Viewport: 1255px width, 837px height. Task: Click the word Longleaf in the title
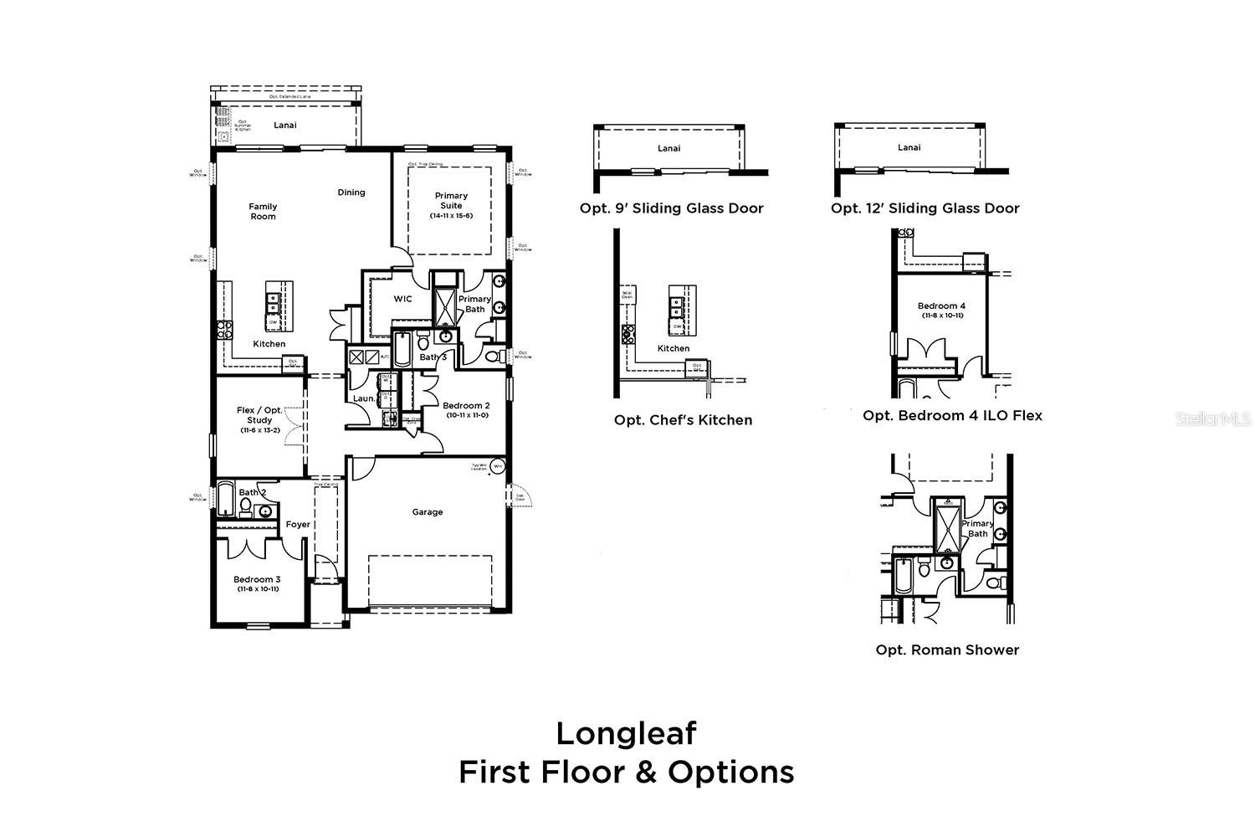(626, 733)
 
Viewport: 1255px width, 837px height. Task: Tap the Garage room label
(427, 512)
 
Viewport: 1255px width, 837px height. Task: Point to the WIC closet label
(402, 299)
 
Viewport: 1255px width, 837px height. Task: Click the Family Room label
(263, 211)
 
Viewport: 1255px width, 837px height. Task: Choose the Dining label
(351, 193)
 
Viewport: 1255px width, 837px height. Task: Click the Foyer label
(298, 525)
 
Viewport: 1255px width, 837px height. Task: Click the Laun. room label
(364, 398)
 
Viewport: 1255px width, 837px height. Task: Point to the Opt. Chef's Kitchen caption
(683, 420)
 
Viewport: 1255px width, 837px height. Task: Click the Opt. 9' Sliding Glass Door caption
(671, 208)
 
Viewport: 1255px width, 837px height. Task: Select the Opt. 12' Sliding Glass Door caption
(925, 208)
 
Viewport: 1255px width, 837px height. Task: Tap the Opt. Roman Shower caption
(947, 650)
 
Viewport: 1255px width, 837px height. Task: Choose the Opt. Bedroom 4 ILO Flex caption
(952, 415)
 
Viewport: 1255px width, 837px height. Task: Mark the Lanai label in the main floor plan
(285, 126)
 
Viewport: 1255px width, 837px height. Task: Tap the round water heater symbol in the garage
(498, 466)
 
